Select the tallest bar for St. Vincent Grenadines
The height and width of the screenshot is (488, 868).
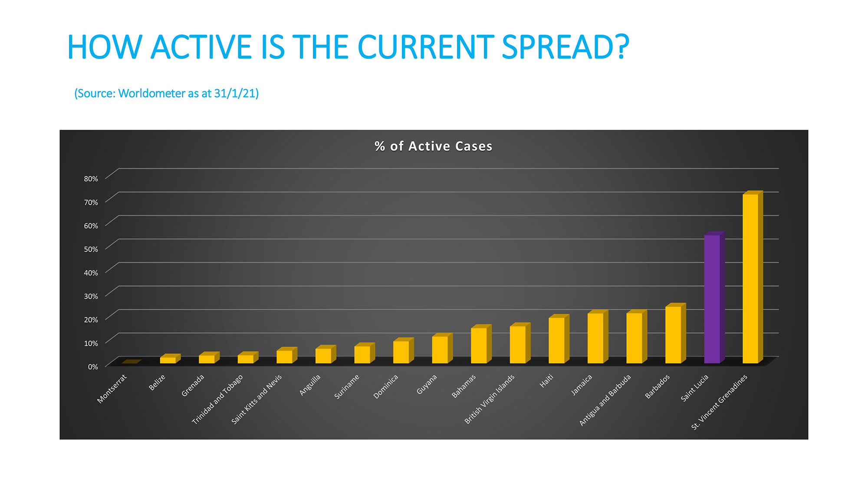pyautogui.click(x=753, y=277)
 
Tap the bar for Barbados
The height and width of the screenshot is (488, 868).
pyautogui.click(x=676, y=333)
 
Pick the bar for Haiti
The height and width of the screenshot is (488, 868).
pyautogui.click(x=559, y=339)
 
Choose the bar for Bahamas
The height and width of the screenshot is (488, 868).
pyautogui.click(x=481, y=344)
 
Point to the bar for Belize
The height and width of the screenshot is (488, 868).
pyautogui.click(x=170, y=359)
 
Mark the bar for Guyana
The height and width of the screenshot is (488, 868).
pyautogui.click(x=442, y=348)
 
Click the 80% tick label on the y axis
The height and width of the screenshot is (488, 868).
pyautogui.click(x=91, y=179)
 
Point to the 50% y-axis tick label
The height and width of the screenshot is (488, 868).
pyautogui.click(x=91, y=249)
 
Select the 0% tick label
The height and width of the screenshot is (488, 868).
pyautogui.click(x=93, y=367)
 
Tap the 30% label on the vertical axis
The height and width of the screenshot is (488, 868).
pyautogui.click(x=91, y=296)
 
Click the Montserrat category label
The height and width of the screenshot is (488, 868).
pyautogui.click(x=112, y=389)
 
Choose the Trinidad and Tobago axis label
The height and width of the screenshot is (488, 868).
pyautogui.click(x=217, y=399)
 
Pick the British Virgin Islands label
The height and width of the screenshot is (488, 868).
pyautogui.click(x=490, y=399)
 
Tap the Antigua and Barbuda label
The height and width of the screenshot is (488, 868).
pyautogui.click(x=605, y=400)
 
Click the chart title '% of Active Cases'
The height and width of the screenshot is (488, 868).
pyautogui.click(x=434, y=146)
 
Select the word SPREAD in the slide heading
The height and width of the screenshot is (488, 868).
pyautogui.click(x=565, y=47)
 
